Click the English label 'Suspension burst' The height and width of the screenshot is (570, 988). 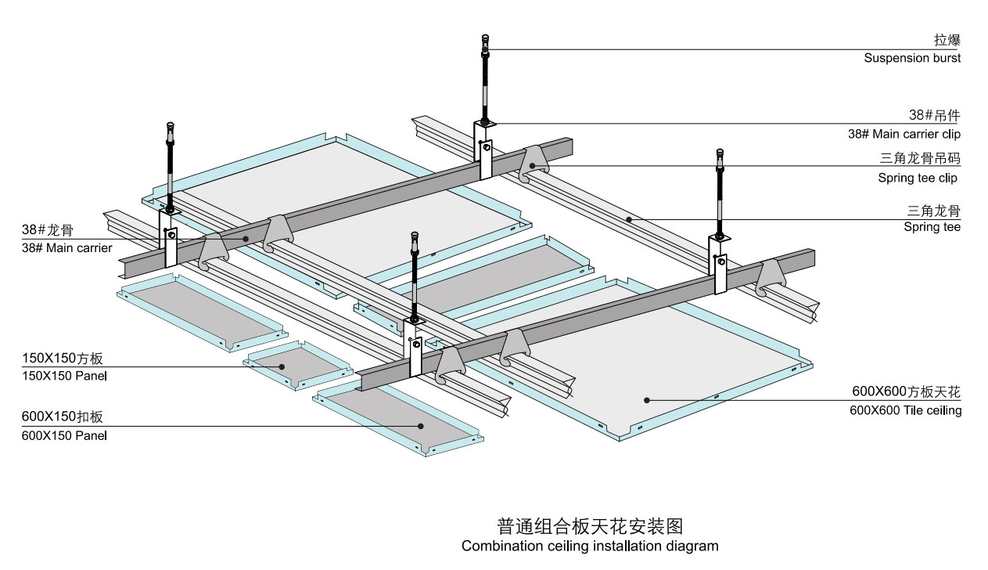coord(912,58)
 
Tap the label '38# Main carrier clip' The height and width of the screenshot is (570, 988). coord(904,134)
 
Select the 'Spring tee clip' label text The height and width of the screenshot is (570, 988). coord(918,178)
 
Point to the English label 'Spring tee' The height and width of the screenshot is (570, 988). coord(932,227)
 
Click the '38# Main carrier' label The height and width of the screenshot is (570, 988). coord(67,248)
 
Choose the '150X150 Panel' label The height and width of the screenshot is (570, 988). coord(64,376)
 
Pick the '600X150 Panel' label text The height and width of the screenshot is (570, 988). coord(64,435)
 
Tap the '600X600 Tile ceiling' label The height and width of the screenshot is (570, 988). coord(906,409)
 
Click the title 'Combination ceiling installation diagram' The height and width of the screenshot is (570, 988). coord(590,546)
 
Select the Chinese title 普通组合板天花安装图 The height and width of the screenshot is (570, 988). coord(590,525)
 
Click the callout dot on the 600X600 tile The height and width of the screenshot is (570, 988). coord(648,400)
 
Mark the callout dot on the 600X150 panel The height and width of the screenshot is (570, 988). coord(421,426)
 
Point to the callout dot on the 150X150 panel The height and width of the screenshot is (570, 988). coord(283,366)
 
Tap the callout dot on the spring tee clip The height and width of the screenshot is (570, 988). coord(533,165)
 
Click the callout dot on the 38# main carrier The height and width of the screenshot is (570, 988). coord(245,239)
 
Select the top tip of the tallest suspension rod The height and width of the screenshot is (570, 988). coord(486,36)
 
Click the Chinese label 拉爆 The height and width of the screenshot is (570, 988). coord(947,41)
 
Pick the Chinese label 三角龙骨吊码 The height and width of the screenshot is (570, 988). coord(920,159)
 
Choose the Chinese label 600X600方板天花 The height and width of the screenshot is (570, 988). coord(906,391)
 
